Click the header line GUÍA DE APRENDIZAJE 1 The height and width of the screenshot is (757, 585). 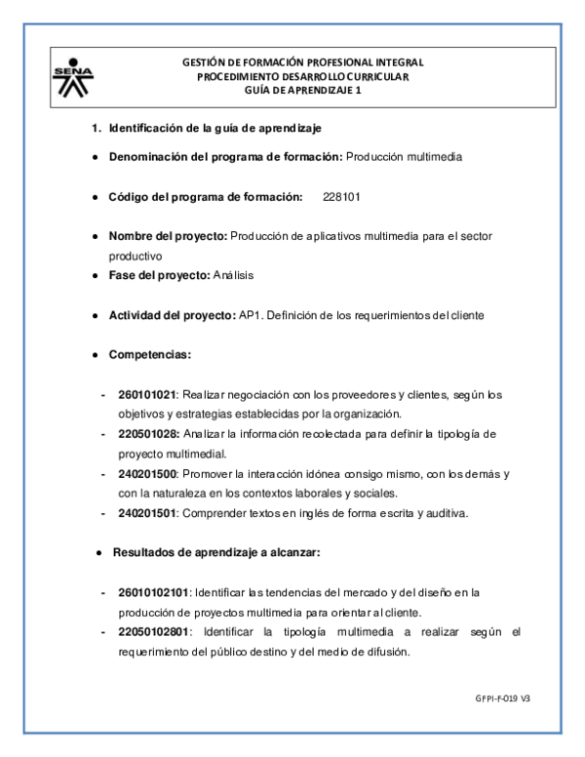302,90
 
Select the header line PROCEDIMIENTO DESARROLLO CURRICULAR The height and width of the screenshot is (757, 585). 302,76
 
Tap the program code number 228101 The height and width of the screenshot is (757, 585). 341,196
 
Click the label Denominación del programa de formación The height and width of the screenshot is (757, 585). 224,156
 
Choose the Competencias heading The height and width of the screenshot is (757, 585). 150,354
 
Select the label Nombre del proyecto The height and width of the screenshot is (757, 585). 167,236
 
